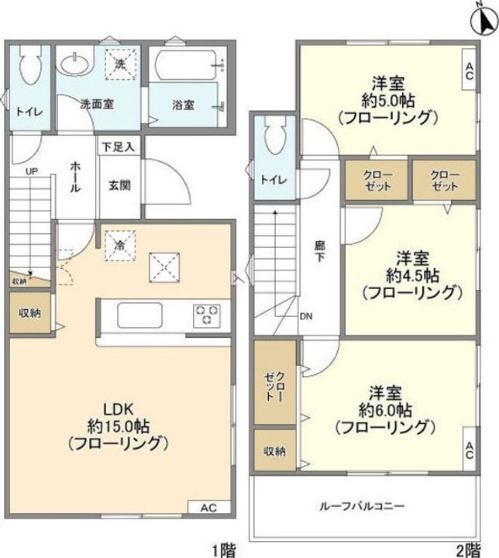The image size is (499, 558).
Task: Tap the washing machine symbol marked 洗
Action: coord(121,66)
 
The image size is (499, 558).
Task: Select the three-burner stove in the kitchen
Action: coord(207,315)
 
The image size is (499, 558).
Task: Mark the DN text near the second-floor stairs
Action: coord(308,316)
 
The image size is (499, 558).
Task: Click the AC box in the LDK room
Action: coord(207,508)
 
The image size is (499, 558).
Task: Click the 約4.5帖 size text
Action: coord(411,274)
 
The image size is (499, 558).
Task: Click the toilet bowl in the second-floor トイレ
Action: coord(275,140)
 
